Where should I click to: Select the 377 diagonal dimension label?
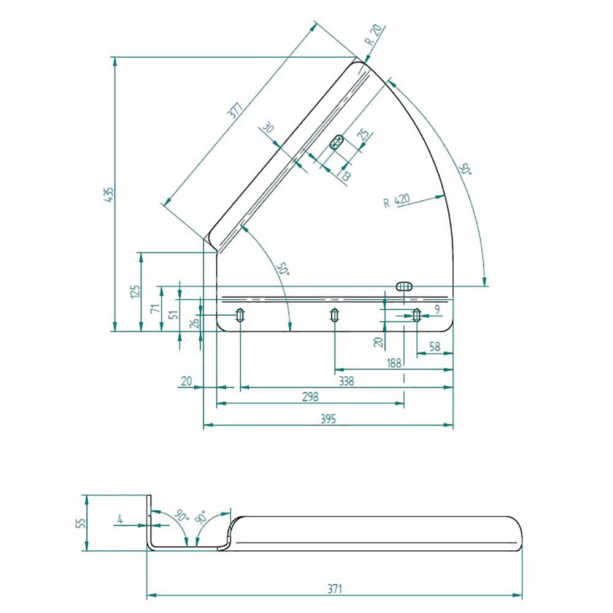pyautogui.click(x=235, y=110)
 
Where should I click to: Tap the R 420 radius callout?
pyautogui.click(x=396, y=201)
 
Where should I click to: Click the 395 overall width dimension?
pyautogui.click(x=328, y=419)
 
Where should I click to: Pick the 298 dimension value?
pyautogui.click(x=310, y=397)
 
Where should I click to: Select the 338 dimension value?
pyautogui.click(x=346, y=381)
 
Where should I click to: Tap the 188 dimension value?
pyautogui.click(x=394, y=363)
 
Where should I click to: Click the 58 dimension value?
pyautogui.click(x=435, y=346)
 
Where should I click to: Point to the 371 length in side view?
pyautogui.click(x=335, y=588)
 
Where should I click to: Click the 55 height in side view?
pyautogui.click(x=80, y=523)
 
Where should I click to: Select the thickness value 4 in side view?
pyautogui.click(x=120, y=519)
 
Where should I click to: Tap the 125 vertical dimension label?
pyautogui.click(x=135, y=292)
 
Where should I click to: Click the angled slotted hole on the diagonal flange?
pyautogui.click(x=336, y=142)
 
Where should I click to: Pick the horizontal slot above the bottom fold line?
pyautogui.click(x=404, y=286)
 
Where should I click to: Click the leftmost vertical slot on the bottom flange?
pyautogui.click(x=240, y=314)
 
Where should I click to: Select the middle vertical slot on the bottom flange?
pyautogui.click(x=334, y=314)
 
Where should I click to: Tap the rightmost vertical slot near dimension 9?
pyautogui.click(x=417, y=314)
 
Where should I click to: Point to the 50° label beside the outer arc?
pyautogui.click(x=465, y=169)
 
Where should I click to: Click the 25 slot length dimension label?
pyautogui.click(x=363, y=134)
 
